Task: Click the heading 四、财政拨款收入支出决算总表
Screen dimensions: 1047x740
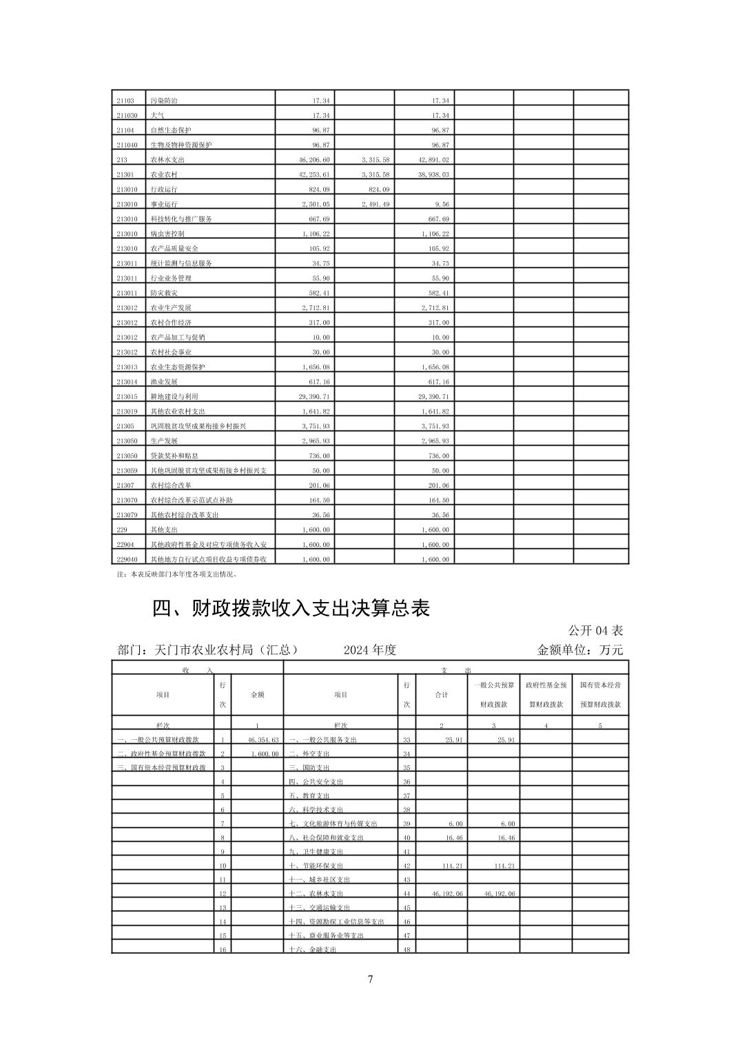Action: [291, 608]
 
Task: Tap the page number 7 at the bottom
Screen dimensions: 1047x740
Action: [371, 979]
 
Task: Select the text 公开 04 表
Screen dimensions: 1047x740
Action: [595, 630]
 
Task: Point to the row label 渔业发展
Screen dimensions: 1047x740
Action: [164, 382]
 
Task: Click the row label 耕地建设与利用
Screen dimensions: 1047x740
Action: [174, 397]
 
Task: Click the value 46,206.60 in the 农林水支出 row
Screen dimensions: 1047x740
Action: [311, 160]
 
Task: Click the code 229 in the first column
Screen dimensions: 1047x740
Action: [122, 530]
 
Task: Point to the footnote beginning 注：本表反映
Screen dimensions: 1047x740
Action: [177, 573]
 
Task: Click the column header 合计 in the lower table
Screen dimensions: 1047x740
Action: [442, 695]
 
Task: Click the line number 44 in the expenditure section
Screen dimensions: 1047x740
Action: [407, 894]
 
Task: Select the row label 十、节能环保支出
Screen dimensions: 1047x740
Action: [316, 866]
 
